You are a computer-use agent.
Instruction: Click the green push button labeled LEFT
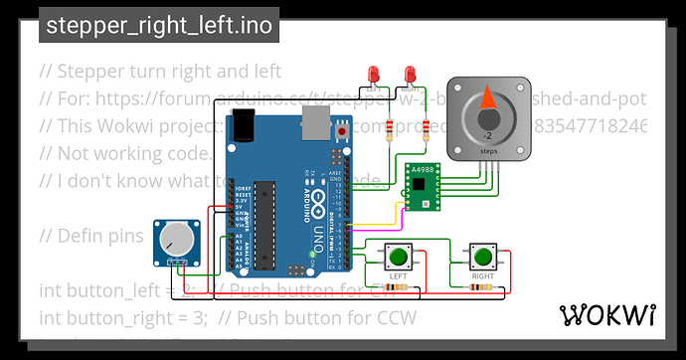click(398, 256)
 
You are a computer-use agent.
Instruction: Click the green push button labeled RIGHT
click(483, 255)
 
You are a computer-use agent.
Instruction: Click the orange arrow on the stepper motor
click(487, 99)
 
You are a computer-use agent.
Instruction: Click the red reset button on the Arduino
click(343, 130)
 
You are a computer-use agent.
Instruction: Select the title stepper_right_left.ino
click(159, 27)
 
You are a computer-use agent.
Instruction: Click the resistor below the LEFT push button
click(399, 288)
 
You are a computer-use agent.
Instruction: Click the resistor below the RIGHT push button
click(483, 288)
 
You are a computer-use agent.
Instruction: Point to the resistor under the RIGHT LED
click(427, 126)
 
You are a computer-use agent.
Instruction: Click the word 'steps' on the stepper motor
click(488, 150)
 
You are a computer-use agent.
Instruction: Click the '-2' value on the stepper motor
click(487, 134)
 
